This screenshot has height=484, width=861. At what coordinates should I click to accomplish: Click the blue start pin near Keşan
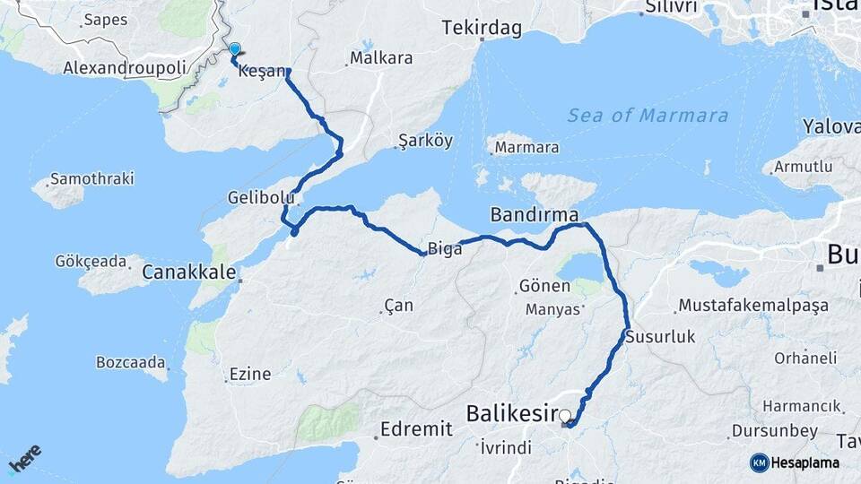click(x=235, y=50)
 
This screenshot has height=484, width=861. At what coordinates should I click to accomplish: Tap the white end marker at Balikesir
click(x=565, y=415)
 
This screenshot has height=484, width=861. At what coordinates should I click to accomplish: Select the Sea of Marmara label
click(x=647, y=116)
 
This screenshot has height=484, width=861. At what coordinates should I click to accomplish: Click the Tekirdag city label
click(x=482, y=29)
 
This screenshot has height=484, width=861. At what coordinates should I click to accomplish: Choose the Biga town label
click(x=445, y=250)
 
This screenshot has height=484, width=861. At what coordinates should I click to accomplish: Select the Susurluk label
click(x=659, y=337)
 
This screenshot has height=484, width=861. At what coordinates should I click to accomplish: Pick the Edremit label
click(x=416, y=429)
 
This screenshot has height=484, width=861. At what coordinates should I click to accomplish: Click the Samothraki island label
click(x=91, y=179)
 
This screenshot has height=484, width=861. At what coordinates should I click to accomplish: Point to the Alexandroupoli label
click(x=125, y=68)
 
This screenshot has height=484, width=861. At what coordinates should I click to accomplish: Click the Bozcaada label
click(x=131, y=363)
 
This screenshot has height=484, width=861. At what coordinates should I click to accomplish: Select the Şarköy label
click(x=425, y=141)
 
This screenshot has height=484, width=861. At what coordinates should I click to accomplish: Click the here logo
click(x=25, y=460)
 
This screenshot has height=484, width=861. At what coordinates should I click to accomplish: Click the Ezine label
click(x=250, y=375)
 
